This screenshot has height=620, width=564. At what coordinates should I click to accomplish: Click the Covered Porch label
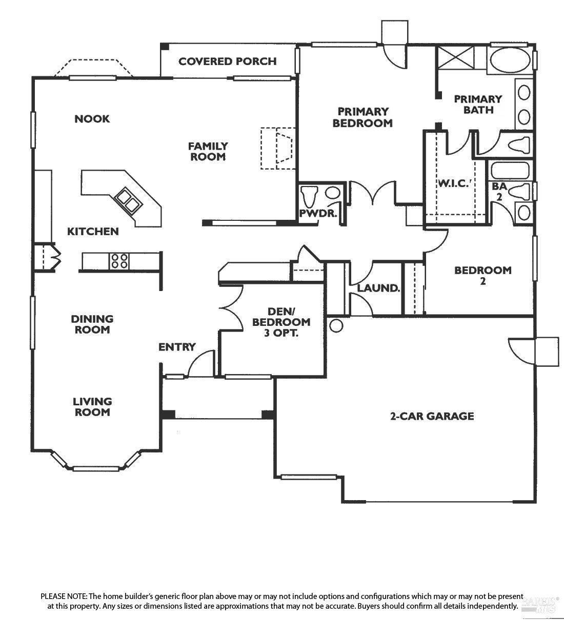click(x=227, y=61)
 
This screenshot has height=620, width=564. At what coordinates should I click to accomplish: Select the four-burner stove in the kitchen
click(x=120, y=261)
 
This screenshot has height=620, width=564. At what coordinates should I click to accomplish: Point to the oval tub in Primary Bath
click(x=510, y=61)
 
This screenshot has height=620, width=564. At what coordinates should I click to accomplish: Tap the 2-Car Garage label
click(x=432, y=416)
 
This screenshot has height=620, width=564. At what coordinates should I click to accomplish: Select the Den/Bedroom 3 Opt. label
click(x=281, y=322)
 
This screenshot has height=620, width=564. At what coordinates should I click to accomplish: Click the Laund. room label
click(x=378, y=288)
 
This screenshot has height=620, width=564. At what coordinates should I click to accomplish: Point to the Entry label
click(x=177, y=347)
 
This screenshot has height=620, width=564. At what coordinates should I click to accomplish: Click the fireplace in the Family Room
click(x=278, y=148)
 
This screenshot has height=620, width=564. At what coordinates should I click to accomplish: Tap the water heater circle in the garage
click(x=336, y=326)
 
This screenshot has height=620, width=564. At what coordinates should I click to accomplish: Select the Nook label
click(x=92, y=119)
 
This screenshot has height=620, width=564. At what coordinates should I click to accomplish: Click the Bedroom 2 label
click(x=482, y=275)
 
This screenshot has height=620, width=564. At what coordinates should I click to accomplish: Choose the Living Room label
click(x=92, y=407)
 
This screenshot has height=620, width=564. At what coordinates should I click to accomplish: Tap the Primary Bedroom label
click(x=362, y=117)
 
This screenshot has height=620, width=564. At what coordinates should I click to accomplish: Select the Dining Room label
click(x=92, y=324)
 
